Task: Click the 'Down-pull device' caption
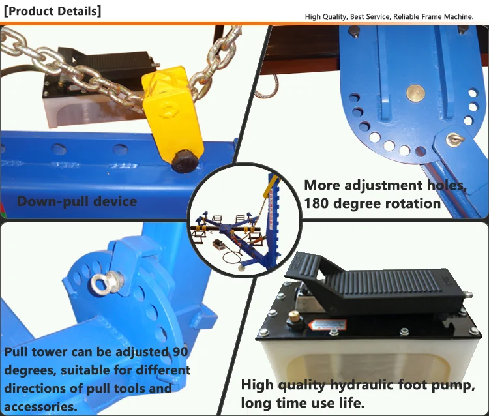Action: click(77, 201)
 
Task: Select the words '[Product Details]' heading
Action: click(52, 11)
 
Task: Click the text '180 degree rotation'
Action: click(372, 203)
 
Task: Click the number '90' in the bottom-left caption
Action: click(179, 353)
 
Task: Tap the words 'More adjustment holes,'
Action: click(385, 185)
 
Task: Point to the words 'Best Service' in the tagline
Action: click(370, 16)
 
